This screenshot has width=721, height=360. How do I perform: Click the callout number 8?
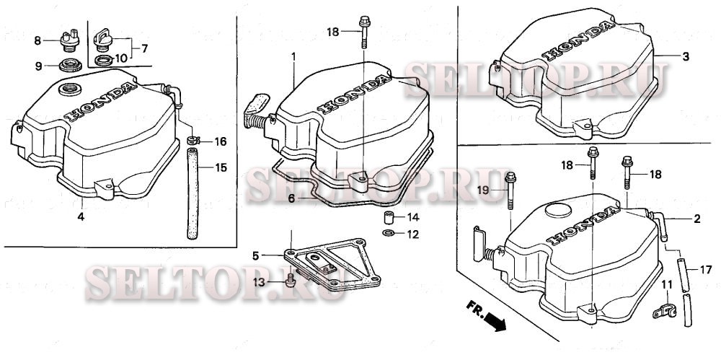pos(37,41)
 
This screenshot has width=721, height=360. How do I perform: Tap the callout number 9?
pos(39,66)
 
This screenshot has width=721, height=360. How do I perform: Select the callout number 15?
pos(221,167)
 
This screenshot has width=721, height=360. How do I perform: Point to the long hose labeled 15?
pos(193,193)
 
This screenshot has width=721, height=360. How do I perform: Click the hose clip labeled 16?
pos(193,139)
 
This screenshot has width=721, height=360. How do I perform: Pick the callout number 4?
pos(81,216)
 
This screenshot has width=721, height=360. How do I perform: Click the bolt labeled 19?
pos(510,190)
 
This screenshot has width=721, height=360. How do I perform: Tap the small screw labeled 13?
pos(290,281)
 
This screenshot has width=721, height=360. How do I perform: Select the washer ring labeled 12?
pos(388,233)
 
